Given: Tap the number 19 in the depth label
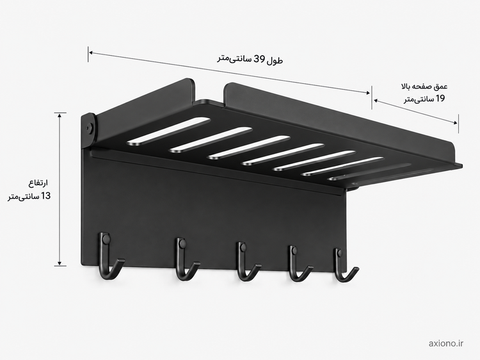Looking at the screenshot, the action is click(x=439, y=99).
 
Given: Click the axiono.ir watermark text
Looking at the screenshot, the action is click(x=445, y=344).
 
